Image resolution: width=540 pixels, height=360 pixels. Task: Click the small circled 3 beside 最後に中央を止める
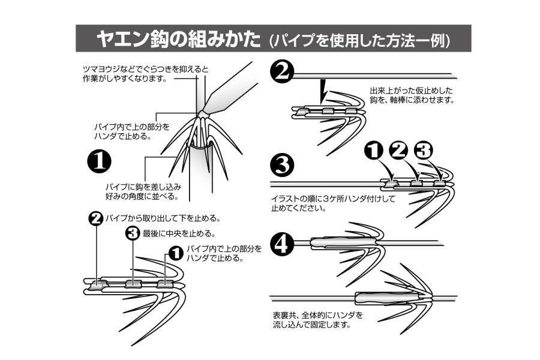[x=133, y=233]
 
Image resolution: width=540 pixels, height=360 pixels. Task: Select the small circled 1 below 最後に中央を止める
[x=176, y=252]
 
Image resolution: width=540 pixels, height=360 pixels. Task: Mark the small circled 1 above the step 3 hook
[x=374, y=152]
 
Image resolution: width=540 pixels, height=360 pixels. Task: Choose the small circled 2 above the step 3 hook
[x=398, y=151]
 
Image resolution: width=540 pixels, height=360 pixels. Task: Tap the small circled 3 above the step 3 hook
[x=423, y=150]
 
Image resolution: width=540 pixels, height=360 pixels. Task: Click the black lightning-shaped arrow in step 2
[x=323, y=90]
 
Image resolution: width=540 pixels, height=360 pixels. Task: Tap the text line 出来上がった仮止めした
[x=411, y=91]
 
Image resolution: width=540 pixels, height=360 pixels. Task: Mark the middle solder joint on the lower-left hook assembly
[x=133, y=283]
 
